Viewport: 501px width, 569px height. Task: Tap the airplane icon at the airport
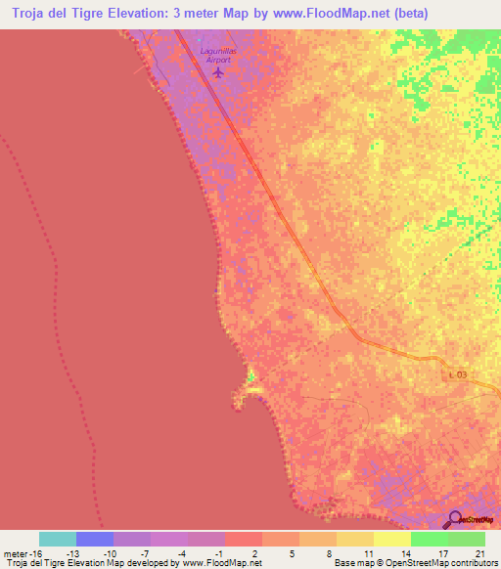point(217,71)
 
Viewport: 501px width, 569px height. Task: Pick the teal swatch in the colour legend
point(58,539)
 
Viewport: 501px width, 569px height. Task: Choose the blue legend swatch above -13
point(95,539)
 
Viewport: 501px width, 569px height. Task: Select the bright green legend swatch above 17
point(430,539)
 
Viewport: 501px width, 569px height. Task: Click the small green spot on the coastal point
point(250,374)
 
